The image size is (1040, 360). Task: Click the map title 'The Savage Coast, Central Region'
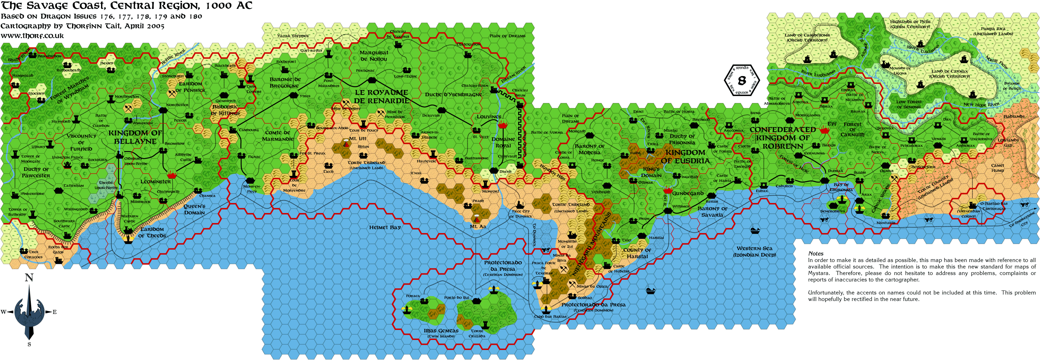tap(126, 6)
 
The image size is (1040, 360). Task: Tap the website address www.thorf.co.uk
tap(32, 36)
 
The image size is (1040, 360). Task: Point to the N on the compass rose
tap(29, 278)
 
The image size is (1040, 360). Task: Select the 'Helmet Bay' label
tap(385, 228)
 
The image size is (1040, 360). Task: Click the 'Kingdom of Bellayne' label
tap(135, 137)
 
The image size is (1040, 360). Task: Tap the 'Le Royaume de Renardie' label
tap(381, 96)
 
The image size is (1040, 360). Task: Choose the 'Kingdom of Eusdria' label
tap(685, 157)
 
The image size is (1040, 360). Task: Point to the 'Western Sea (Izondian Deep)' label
tap(754, 251)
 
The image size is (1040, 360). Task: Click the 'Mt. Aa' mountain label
tap(478, 227)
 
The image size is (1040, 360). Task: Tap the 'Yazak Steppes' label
tap(293, 36)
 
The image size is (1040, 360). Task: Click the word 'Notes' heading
tap(816, 253)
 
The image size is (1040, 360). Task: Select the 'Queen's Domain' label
tap(194, 209)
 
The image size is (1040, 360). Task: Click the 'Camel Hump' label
tap(997, 168)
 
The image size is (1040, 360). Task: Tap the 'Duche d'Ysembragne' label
tap(453, 94)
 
